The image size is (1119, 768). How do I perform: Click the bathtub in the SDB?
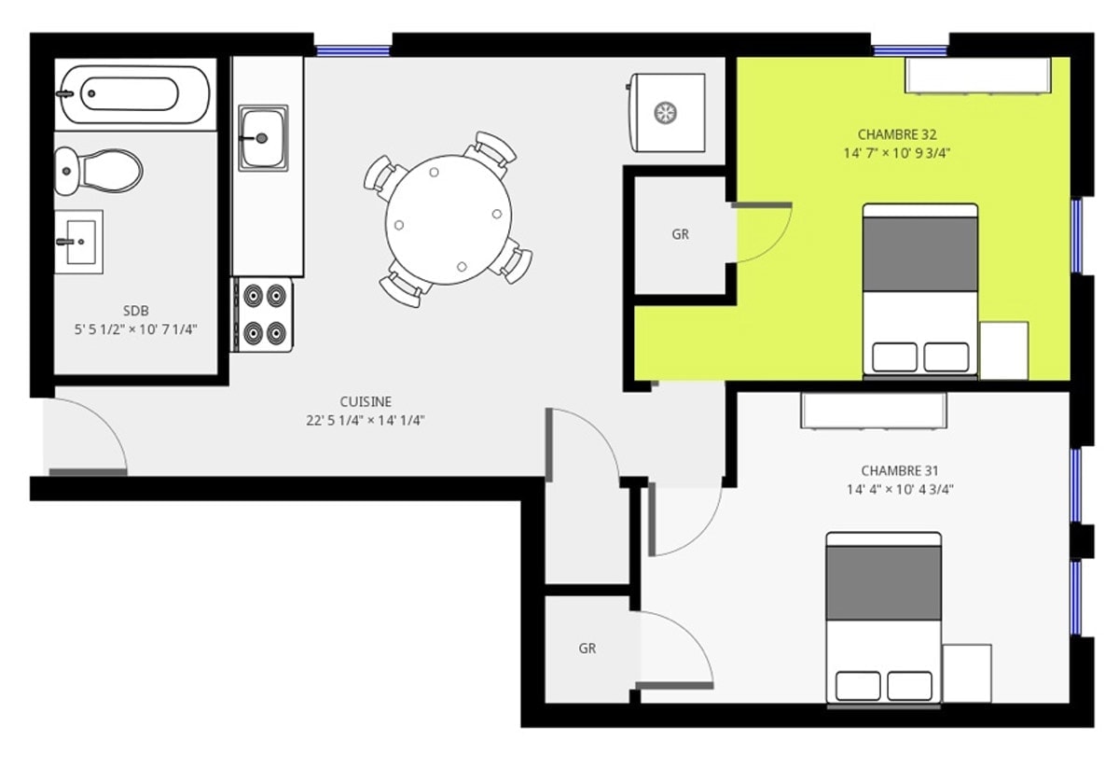pyautogui.click(x=135, y=94)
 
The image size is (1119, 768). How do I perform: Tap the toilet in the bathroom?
pyautogui.click(x=98, y=171)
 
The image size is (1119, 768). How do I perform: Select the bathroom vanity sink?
pyautogui.click(x=78, y=242)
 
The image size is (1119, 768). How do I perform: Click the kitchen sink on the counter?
pyautogui.click(x=263, y=137)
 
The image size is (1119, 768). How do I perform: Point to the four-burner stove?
pyautogui.click(x=262, y=314)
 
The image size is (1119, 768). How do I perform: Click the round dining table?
pyautogui.click(x=449, y=220)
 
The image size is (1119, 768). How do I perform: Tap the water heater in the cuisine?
pyautogui.click(x=666, y=113)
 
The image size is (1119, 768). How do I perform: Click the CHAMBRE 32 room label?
pyautogui.click(x=897, y=134)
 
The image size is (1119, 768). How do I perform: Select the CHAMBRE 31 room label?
pyautogui.click(x=900, y=470)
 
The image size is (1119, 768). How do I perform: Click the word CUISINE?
pyautogui.click(x=366, y=401)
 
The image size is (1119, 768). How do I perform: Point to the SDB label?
pyautogui.click(x=136, y=311)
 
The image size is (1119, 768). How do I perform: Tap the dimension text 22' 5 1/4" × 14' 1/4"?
pyautogui.click(x=366, y=421)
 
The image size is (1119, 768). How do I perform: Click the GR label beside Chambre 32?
pyautogui.click(x=681, y=234)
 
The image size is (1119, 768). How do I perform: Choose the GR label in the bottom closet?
pyautogui.click(x=587, y=649)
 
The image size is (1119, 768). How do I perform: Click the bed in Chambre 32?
pyautogui.click(x=920, y=290)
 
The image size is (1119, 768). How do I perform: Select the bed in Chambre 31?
pyautogui.click(x=884, y=619)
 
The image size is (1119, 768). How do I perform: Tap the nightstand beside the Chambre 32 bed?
pyautogui.click(x=1004, y=351)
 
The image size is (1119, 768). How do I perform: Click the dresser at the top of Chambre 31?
pyautogui.click(x=874, y=410)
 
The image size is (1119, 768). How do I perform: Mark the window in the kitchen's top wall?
pyautogui.click(x=353, y=50)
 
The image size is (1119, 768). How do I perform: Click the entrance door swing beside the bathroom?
pyautogui.click(x=88, y=435)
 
